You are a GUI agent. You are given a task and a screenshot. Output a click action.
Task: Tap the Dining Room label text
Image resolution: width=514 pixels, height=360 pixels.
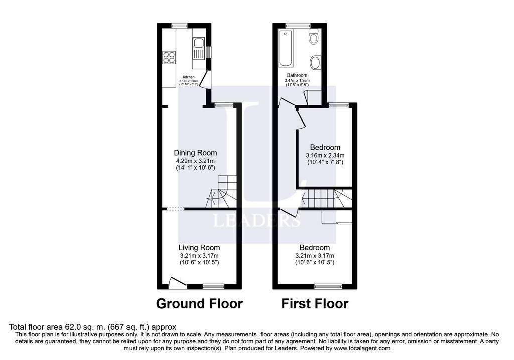click(195, 153)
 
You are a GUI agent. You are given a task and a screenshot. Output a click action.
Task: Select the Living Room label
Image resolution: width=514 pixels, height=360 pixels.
click(199, 248)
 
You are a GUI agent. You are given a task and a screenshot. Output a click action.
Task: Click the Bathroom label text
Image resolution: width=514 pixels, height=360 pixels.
click(297, 75)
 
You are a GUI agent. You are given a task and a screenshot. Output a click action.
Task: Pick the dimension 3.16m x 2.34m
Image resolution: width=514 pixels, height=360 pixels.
click(325, 155)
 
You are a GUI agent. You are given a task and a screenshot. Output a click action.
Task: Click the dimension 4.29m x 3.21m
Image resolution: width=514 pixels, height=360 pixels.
click(195, 161)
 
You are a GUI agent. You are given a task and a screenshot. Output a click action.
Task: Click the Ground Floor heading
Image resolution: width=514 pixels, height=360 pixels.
click(199, 304)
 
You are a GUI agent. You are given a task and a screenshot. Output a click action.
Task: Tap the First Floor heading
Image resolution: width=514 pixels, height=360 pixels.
click(315, 304)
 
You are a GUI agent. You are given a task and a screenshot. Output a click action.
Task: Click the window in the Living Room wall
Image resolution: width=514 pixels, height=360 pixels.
click(214, 287)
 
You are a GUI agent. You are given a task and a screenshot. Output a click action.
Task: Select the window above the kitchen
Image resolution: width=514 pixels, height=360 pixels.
click(179, 25)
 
